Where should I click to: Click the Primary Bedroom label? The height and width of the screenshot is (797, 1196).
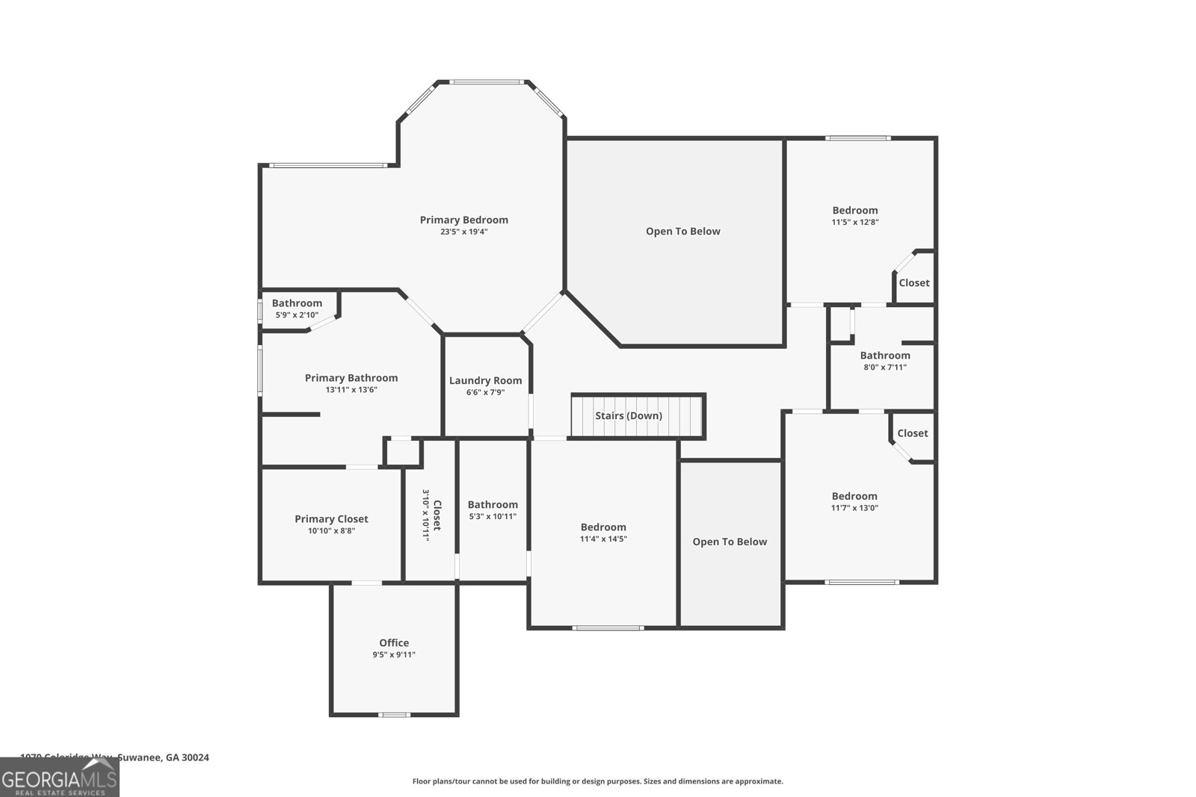click(463, 220)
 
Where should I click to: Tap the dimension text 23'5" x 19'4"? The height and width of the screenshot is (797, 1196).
click(463, 232)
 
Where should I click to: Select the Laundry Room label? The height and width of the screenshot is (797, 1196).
click(485, 380)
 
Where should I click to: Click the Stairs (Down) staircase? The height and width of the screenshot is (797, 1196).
click(629, 416)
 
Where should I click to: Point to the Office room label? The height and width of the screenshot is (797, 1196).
click(394, 642)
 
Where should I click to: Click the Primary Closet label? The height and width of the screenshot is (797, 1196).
click(331, 519)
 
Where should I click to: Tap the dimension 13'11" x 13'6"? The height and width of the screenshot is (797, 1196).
click(351, 390)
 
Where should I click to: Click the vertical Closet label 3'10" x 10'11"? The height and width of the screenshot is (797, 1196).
click(431, 515)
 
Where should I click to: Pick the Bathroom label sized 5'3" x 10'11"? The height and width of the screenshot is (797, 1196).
click(493, 505)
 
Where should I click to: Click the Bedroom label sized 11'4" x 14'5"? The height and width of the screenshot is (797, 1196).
click(603, 527)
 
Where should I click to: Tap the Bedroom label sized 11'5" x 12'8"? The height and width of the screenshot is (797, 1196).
click(855, 211)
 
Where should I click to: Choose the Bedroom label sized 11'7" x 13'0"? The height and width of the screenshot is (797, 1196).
click(854, 496)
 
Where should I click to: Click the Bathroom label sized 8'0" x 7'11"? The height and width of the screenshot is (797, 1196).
click(885, 356)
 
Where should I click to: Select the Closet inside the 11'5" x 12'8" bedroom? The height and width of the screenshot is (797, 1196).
click(914, 283)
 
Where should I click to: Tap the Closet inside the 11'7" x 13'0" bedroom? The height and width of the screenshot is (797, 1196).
click(913, 433)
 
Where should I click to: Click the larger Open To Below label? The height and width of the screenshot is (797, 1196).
click(682, 232)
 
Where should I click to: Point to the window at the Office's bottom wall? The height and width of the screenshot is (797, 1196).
click(395, 715)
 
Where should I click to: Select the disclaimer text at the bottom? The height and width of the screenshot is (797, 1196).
click(597, 781)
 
